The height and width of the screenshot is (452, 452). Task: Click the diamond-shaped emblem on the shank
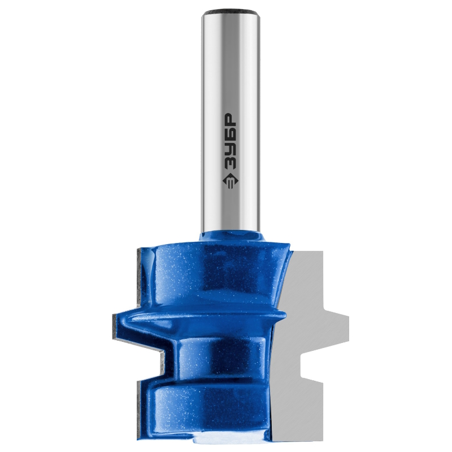pos(231,181)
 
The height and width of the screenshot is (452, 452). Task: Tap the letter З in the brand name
pos(231,164)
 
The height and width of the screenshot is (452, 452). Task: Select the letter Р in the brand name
pos(231,120)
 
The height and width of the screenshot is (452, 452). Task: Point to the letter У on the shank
pos(231,150)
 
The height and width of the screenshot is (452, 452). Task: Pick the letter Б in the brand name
pos(231,134)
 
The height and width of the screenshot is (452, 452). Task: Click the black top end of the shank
pos(231,13)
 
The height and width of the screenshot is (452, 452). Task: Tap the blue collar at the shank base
pos(232,236)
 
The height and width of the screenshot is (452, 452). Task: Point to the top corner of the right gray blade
pos(322,251)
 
